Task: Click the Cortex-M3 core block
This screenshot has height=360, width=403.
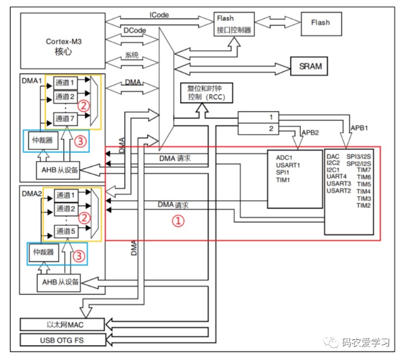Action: point(63,41)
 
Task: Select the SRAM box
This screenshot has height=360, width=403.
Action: point(309,66)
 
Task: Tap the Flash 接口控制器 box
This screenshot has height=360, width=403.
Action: point(234,24)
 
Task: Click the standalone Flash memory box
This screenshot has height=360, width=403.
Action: point(321,24)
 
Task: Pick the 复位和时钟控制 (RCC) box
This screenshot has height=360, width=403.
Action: point(207,93)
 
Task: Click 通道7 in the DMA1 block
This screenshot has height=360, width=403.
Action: point(65,119)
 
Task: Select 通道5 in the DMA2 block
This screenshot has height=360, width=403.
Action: point(66,231)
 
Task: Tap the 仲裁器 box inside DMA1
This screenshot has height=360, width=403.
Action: point(43,140)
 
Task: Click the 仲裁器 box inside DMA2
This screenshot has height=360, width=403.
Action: point(44,252)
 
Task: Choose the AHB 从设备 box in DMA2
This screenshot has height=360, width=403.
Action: point(59,282)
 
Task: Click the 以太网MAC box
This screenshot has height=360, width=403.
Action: point(62,325)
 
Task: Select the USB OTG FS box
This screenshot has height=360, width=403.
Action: point(63,340)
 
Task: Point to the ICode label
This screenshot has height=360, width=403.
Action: point(159,15)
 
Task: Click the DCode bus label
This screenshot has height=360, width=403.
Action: point(135,30)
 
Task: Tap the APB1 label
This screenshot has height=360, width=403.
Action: point(359,128)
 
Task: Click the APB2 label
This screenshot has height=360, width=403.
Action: point(310,133)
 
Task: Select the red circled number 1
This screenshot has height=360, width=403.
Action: point(178,221)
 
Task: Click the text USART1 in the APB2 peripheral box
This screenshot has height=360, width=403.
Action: point(288,165)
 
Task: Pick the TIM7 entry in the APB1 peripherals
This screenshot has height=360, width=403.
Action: point(364,170)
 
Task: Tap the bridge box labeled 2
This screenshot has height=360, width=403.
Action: point(258,129)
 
